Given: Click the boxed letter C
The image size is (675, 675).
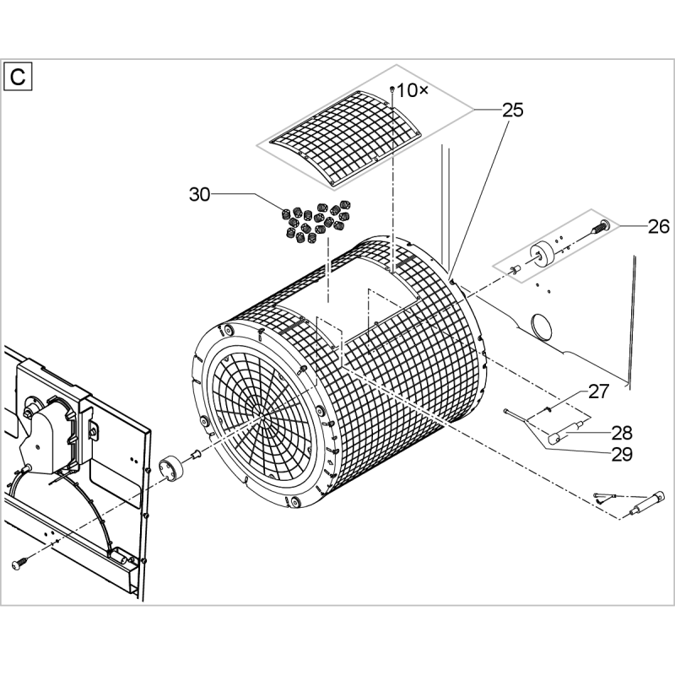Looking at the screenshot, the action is (18, 77).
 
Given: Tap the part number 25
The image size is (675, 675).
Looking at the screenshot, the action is (513, 111).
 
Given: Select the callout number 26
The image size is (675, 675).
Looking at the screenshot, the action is (659, 226).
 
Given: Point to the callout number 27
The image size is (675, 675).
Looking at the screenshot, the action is (599, 391).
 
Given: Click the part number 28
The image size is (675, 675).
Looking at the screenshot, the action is (622, 433).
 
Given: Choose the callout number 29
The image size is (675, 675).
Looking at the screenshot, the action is (622, 454).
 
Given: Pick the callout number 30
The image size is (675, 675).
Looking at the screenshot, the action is (200, 195).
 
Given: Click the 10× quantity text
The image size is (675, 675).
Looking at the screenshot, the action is (413, 90).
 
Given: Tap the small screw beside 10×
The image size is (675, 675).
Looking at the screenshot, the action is (392, 89).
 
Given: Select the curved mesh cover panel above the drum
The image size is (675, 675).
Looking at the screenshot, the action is (345, 138).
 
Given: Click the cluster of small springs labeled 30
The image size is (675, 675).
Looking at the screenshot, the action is (319, 221).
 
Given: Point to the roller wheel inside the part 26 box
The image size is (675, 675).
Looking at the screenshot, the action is (542, 256).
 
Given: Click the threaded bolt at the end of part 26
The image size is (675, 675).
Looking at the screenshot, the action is (600, 226).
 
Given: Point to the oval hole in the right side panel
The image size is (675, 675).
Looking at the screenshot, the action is (542, 326).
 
